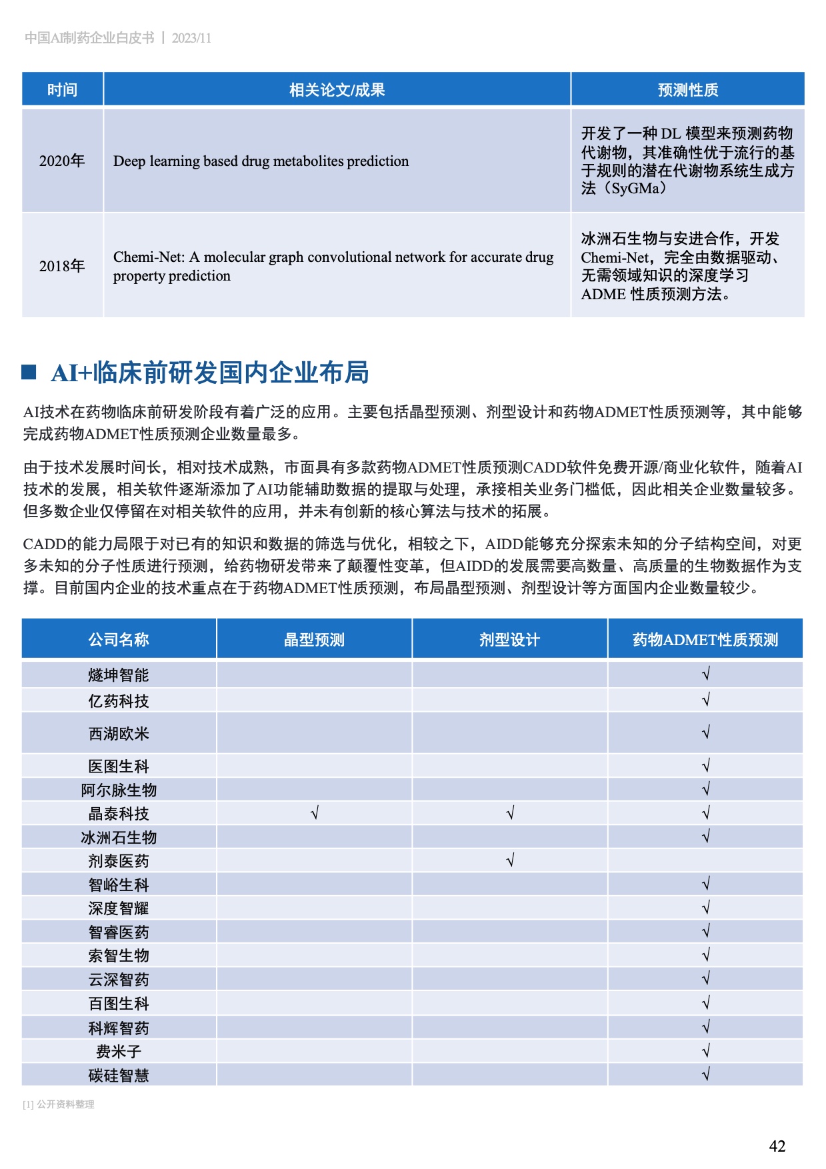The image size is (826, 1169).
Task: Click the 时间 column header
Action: click(62, 89)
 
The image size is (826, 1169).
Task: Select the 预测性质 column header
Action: click(687, 89)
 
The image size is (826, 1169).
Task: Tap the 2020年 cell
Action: click(62, 161)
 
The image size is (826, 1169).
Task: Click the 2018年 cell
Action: click(62, 266)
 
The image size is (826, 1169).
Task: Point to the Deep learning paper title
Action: click(261, 161)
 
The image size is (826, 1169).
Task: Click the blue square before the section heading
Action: click(29, 372)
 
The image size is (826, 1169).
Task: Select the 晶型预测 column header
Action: click(314, 640)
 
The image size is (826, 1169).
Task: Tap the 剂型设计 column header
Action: click(509, 640)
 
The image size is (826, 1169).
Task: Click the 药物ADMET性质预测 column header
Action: click(705, 640)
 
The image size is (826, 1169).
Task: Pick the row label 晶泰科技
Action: click(119, 814)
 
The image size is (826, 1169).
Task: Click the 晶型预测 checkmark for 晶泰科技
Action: click(315, 813)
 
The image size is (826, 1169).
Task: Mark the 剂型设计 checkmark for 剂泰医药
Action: click(510, 860)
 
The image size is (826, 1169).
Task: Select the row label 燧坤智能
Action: click(119, 675)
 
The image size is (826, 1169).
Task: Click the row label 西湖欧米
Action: click(119, 734)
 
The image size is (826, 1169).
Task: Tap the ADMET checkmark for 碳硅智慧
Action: click(706, 1074)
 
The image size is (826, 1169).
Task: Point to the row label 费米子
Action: click(119, 1052)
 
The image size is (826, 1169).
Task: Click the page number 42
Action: click(777, 1146)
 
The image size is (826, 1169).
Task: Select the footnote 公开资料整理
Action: click(65, 1104)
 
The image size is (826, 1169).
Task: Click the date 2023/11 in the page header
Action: click(191, 38)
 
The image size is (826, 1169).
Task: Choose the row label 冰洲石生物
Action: click(119, 838)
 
